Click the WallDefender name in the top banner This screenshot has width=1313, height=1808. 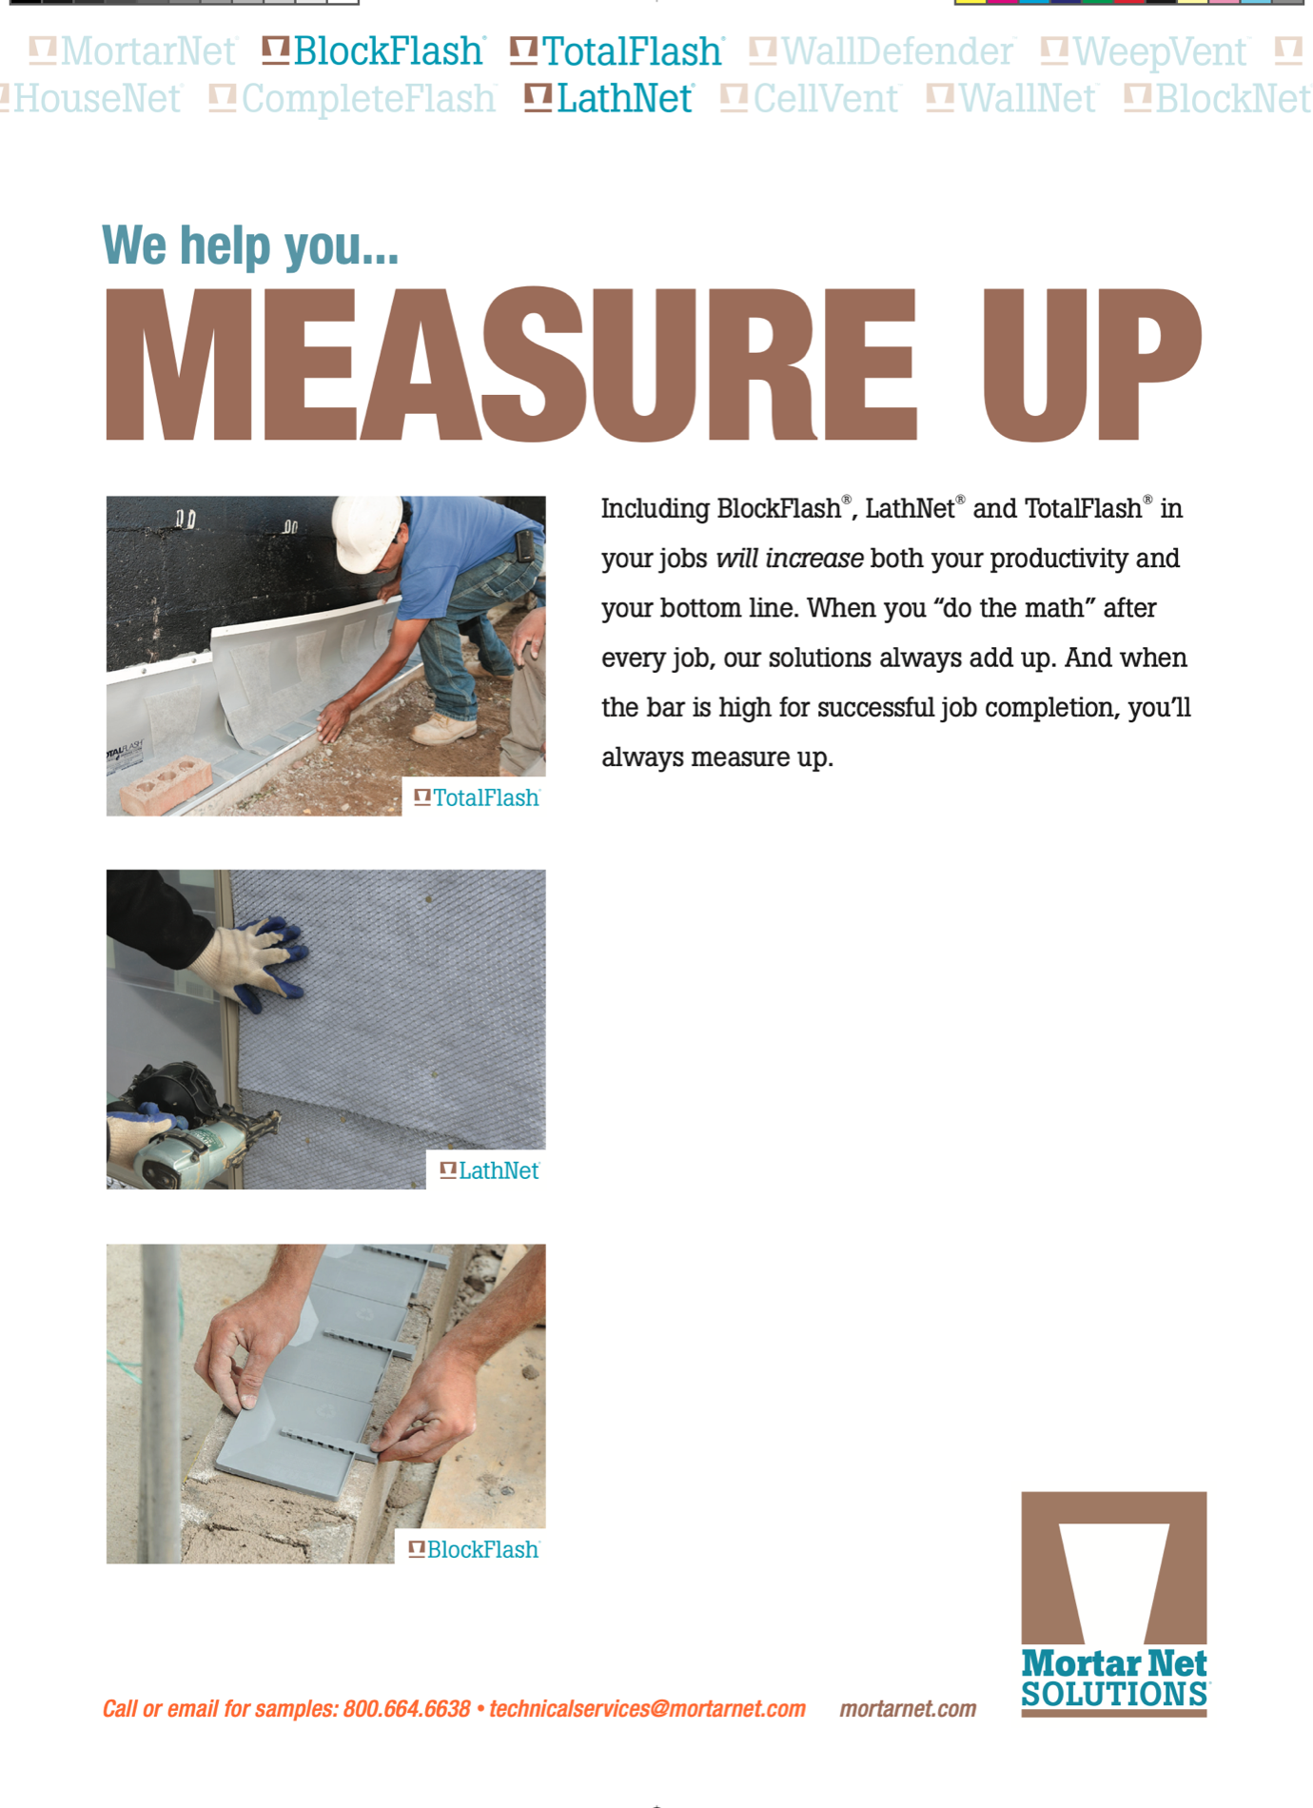click(896, 51)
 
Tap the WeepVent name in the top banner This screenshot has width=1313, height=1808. click(1159, 51)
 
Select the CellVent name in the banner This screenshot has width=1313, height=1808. click(825, 99)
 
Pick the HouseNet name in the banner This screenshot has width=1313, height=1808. click(96, 99)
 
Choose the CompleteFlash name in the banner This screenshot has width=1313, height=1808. click(367, 99)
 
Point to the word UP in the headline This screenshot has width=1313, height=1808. click(1091, 365)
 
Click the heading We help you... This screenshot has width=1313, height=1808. click(250, 246)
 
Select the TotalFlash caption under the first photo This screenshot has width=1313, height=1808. click(485, 797)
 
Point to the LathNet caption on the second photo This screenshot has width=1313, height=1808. click(498, 1170)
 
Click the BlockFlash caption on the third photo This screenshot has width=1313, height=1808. click(481, 1549)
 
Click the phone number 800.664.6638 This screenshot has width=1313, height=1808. click(406, 1709)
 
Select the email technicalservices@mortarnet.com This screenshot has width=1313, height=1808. click(647, 1709)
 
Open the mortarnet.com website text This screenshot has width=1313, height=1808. click(908, 1709)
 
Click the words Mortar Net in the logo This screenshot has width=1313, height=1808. click(1113, 1663)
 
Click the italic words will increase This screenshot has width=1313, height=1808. click(789, 559)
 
